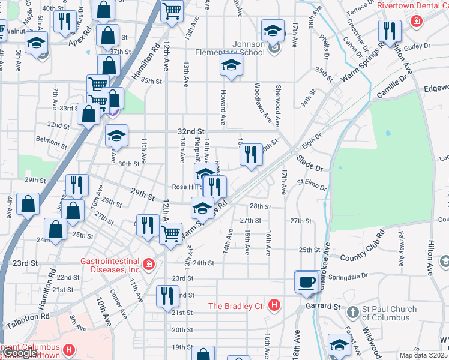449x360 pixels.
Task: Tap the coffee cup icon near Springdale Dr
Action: (306, 281)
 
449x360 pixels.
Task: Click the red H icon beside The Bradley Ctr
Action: (274, 306)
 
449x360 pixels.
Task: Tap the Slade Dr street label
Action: (310, 163)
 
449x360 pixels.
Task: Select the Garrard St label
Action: (324, 306)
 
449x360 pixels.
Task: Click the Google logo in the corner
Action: (19, 353)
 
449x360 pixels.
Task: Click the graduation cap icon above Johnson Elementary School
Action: (273, 29)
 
